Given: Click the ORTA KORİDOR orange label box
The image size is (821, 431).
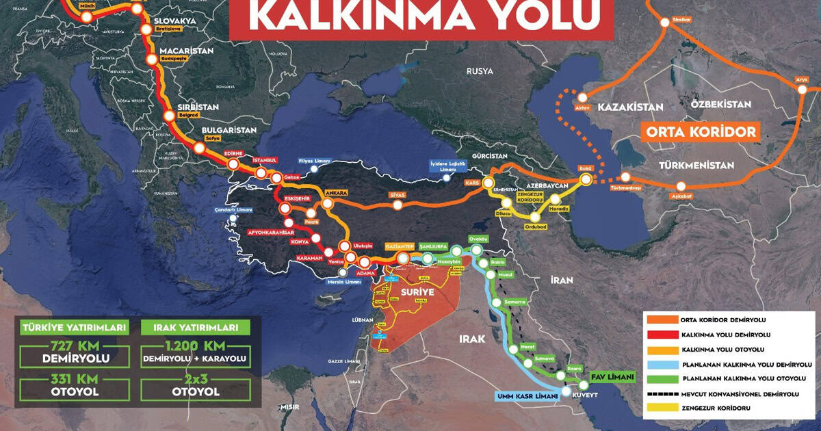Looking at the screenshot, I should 701,131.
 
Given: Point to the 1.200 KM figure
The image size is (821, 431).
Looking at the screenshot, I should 194,345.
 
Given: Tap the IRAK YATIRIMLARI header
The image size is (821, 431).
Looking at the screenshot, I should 195,327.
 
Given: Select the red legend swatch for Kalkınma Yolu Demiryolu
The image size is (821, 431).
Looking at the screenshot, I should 660,335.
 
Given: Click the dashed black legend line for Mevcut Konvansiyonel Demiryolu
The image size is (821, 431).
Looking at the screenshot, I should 660,394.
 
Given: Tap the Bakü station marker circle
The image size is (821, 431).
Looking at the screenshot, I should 586,179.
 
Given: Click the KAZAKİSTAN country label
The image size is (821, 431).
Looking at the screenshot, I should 631,107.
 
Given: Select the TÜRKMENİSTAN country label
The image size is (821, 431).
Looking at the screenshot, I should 696,166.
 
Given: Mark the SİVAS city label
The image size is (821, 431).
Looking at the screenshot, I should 398,195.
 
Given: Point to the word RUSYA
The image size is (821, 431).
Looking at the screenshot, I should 480,71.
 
